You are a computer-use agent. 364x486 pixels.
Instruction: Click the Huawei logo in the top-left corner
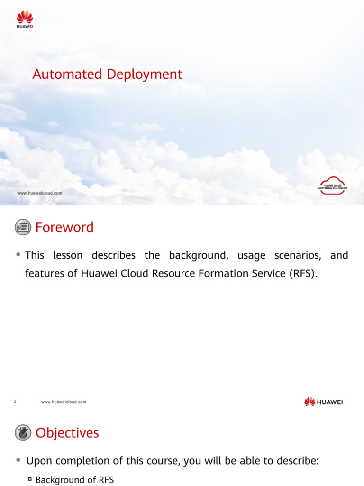coord(25,20)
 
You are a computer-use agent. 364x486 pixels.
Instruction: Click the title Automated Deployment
coord(107,75)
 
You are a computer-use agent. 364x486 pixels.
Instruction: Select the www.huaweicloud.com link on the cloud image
coord(39,193)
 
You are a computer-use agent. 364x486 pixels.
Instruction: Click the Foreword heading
coord(64,227)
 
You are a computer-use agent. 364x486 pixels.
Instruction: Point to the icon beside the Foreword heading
coord(23,227)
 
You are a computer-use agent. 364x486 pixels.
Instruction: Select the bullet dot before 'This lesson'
coord(18,255)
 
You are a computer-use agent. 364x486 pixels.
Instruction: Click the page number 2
coord(15,402)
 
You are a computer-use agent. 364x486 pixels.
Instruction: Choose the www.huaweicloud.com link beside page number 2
coord(64,402)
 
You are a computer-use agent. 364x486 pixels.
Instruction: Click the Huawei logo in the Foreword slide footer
coord(323,402)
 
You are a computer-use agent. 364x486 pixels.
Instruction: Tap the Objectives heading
coord(67,433)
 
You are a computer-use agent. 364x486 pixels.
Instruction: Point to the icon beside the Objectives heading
coord(23,433)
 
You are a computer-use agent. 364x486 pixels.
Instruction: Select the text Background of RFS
coord(74,480)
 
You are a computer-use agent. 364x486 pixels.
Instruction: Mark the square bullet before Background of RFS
coord(29,480)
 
